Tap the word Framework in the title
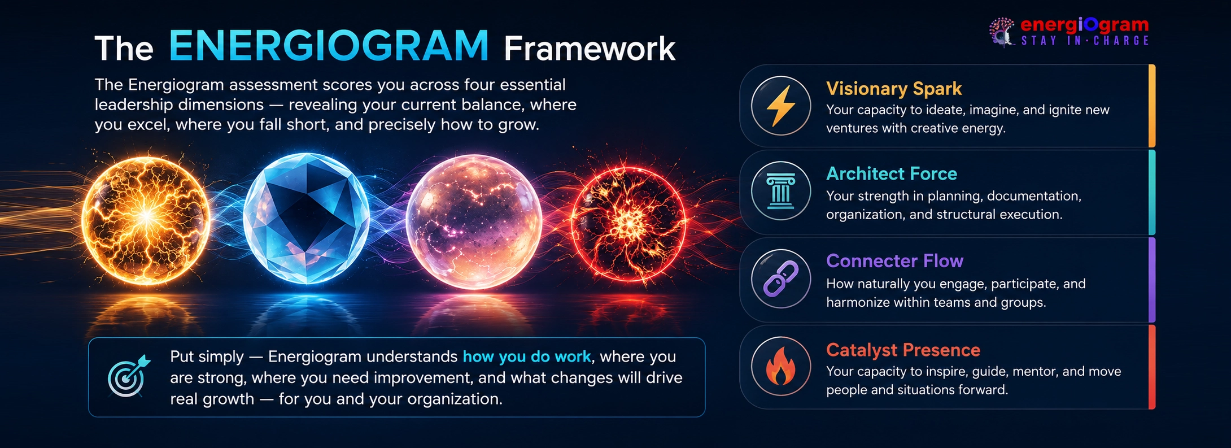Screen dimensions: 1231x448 (590, 49)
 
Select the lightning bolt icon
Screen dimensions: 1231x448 (781, 106)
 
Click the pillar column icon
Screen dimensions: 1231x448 (781, 192)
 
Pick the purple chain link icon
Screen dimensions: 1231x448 (781, 279)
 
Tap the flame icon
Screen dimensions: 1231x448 (781, 366)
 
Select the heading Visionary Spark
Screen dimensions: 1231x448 (894, 89)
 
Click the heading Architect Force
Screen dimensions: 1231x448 (892, 173)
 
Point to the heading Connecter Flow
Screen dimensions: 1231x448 (894, 261)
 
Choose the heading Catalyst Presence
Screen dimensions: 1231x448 (903, 350)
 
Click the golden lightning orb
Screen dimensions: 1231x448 (146, 221)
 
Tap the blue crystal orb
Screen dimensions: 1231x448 (307, 219)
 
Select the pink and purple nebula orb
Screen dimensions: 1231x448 (474, 221)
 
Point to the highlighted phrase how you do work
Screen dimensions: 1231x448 (527, 356)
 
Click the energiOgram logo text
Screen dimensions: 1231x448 (1085, 25)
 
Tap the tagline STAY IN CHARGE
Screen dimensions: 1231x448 (1085, 41)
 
